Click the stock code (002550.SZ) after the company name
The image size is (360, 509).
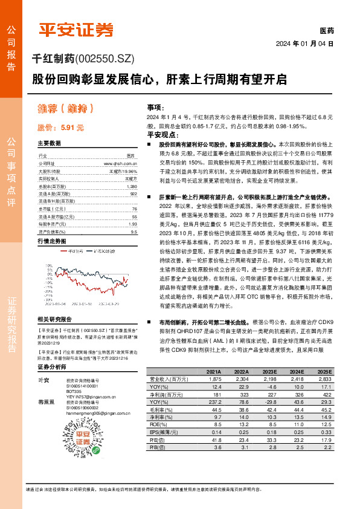100,59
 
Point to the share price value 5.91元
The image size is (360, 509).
70,128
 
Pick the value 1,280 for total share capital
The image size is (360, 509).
132,187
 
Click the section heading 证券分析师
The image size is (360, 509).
51,366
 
